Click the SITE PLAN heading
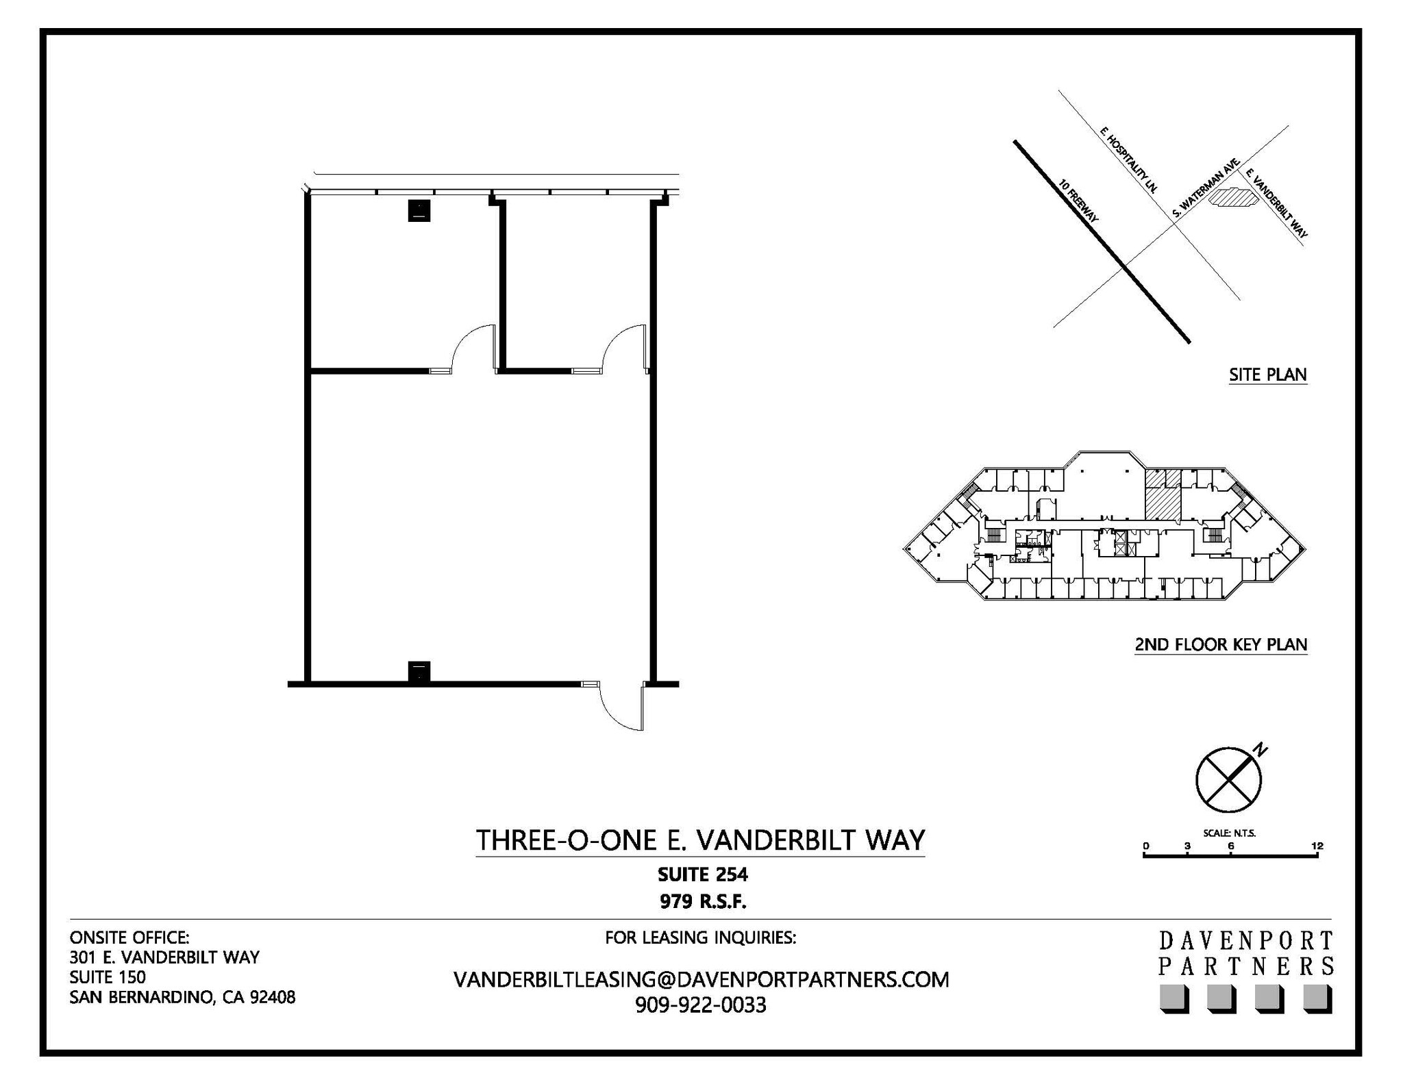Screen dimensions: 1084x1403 (1267, 375)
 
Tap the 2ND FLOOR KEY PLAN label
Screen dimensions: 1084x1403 (1221, 644)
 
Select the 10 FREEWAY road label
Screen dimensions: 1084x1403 (1078, 201)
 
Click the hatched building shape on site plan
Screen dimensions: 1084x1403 (1232, 198)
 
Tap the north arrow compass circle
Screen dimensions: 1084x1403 (1228, 779)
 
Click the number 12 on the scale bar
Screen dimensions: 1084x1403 (1317, 846)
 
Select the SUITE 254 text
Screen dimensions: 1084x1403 (702, 874)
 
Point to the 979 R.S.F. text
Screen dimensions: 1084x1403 (703, 902)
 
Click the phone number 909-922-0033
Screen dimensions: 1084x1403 (700, 1005)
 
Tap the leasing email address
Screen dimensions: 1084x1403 (701, 980)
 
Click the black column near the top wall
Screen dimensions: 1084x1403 (419, 210)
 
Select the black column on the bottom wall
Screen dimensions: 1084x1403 (419, 672)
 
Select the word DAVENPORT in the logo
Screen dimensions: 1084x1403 (1245, 940)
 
